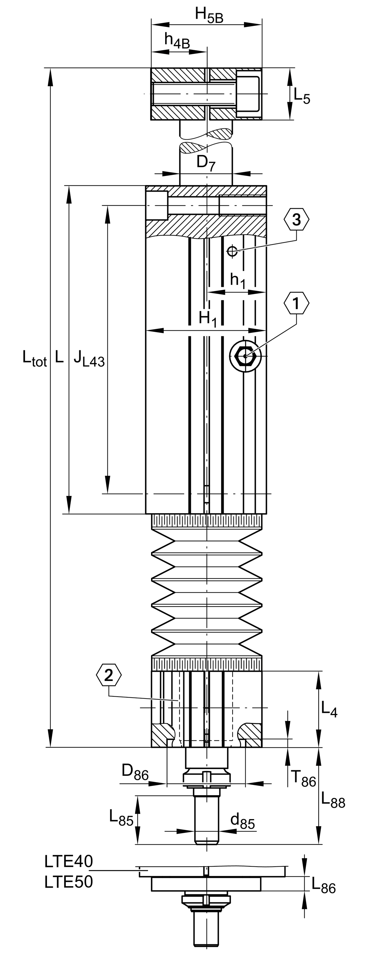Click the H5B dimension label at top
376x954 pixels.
209,16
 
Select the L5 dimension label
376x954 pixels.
301,95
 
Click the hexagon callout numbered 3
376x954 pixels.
296,219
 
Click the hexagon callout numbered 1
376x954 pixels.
296,303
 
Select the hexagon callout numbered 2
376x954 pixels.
108,676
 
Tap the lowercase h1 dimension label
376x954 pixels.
238,280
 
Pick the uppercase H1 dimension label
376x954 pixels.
207,319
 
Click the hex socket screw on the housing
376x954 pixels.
245,356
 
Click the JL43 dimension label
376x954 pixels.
89,359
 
